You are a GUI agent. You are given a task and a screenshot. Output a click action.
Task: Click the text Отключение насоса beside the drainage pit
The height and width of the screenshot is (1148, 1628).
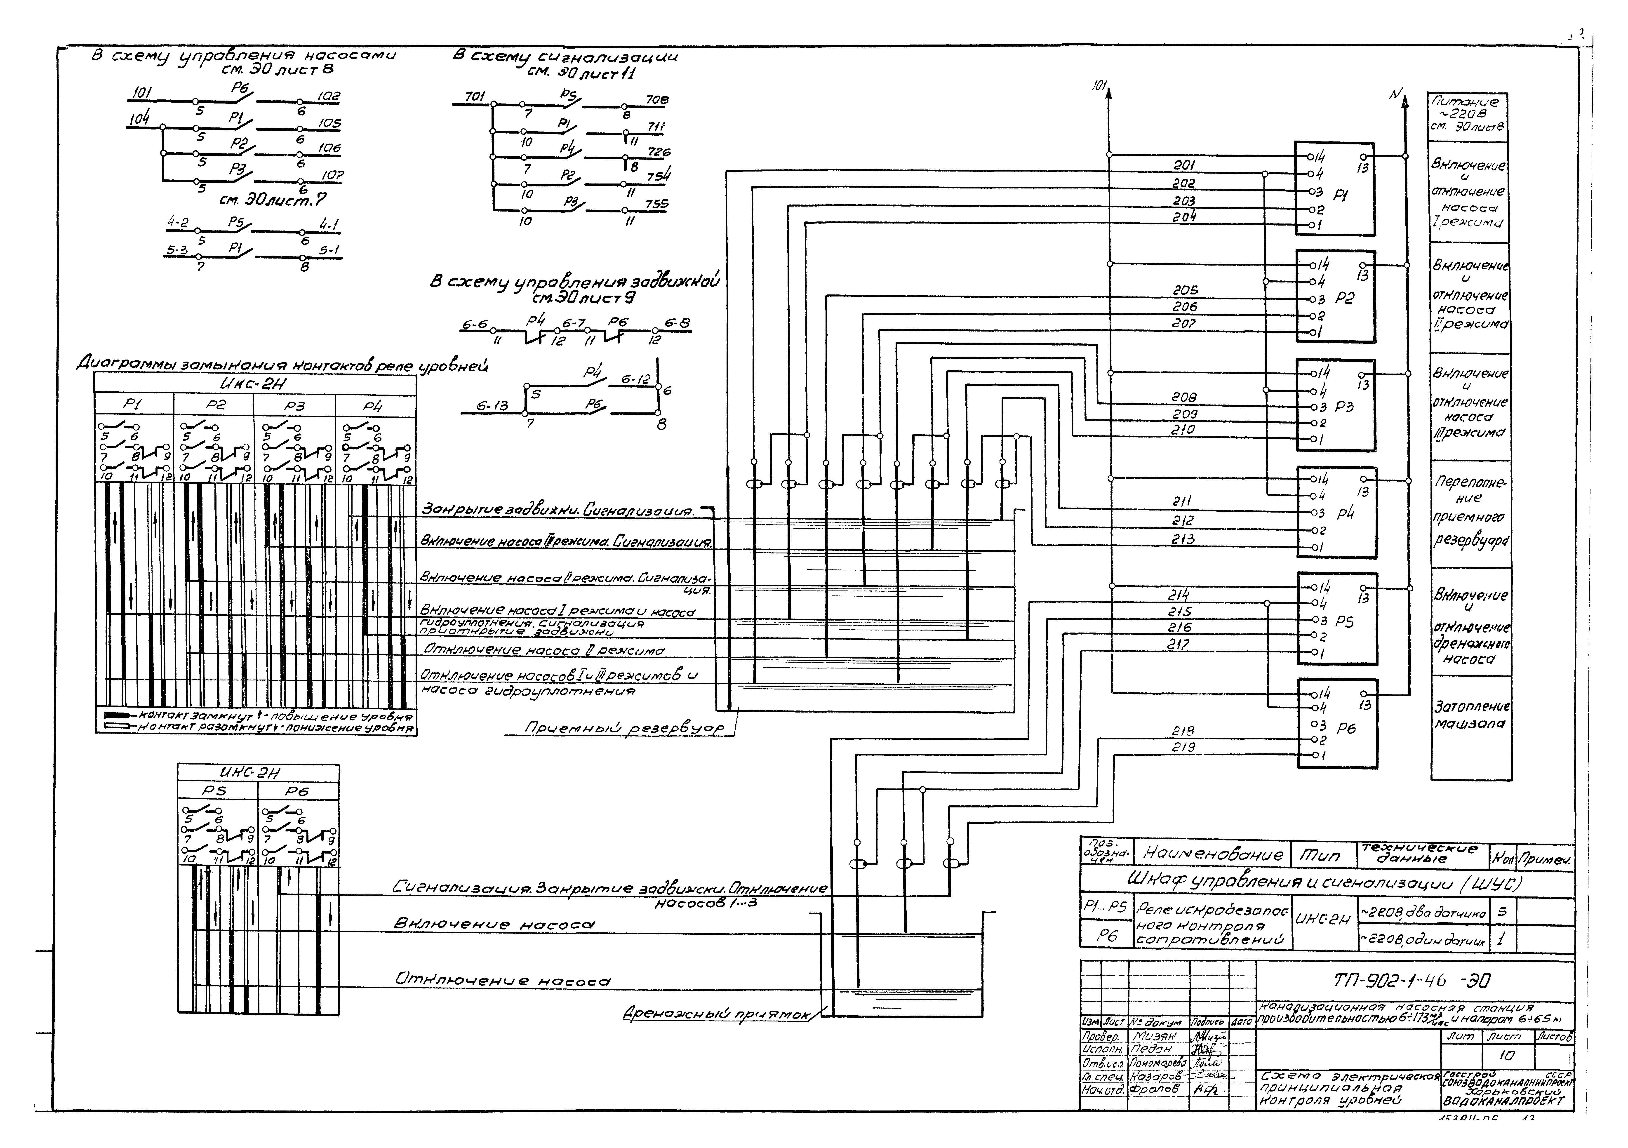502,981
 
